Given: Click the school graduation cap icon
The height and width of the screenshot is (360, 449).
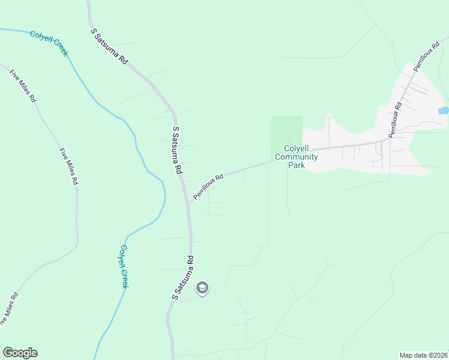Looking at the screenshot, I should point(202,289).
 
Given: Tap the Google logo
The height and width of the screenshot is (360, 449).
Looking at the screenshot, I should point(20,353).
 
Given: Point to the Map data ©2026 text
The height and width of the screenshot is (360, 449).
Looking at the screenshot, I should point(423,355).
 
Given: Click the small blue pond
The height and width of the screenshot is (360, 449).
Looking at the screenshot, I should point(444,110).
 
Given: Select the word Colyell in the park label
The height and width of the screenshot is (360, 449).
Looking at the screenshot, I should point(297,149).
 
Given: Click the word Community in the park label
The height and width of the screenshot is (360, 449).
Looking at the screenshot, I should point(296,157).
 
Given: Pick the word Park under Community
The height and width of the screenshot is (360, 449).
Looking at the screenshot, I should point(297,165).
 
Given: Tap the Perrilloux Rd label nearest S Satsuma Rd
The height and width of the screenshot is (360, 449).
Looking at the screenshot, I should point(208,187).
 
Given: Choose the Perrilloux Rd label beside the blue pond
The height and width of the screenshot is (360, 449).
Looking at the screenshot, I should point(394,121).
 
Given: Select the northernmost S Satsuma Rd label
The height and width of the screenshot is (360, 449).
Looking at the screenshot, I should point(110,46).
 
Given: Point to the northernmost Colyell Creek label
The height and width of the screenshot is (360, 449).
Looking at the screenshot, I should point(49,44).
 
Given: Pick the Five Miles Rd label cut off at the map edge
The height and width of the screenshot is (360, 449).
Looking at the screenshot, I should point(8,308).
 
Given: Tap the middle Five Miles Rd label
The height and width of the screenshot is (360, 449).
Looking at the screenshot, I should point(69,167).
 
